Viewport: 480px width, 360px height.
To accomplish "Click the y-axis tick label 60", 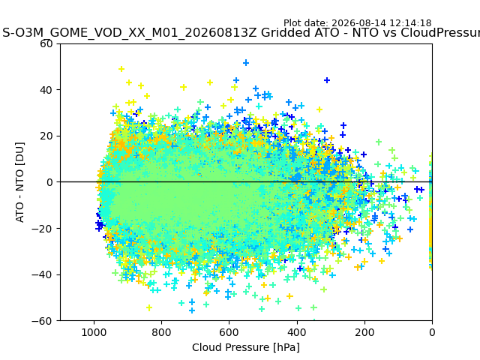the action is coord(46,43).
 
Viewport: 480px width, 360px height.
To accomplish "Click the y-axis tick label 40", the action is coord(46,90).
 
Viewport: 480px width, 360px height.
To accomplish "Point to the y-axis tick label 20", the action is coord(46,136).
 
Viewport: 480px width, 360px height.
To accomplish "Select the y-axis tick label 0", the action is coord(49,182).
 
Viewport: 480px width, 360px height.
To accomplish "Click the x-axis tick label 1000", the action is coord(94,332).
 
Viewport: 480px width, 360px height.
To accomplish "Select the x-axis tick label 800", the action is coord(161,332).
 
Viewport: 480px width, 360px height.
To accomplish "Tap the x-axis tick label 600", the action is coord(229,332).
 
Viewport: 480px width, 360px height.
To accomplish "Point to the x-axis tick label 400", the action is coord(297,332).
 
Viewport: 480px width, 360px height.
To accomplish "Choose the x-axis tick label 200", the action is coord(364,332).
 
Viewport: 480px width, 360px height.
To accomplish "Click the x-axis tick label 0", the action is coord(432,332).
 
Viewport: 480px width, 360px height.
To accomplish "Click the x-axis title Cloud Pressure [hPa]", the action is coord(246,347).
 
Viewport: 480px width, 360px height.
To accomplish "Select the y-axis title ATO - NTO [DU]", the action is coord(20,182).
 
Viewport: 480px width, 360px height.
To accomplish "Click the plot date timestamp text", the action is coord(358,23).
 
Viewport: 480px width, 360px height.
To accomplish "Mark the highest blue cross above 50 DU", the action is coord(245,63).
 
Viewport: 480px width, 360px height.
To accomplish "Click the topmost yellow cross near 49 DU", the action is coord(121,69).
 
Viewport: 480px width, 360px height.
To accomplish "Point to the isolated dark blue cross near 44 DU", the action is coord(327,80).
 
